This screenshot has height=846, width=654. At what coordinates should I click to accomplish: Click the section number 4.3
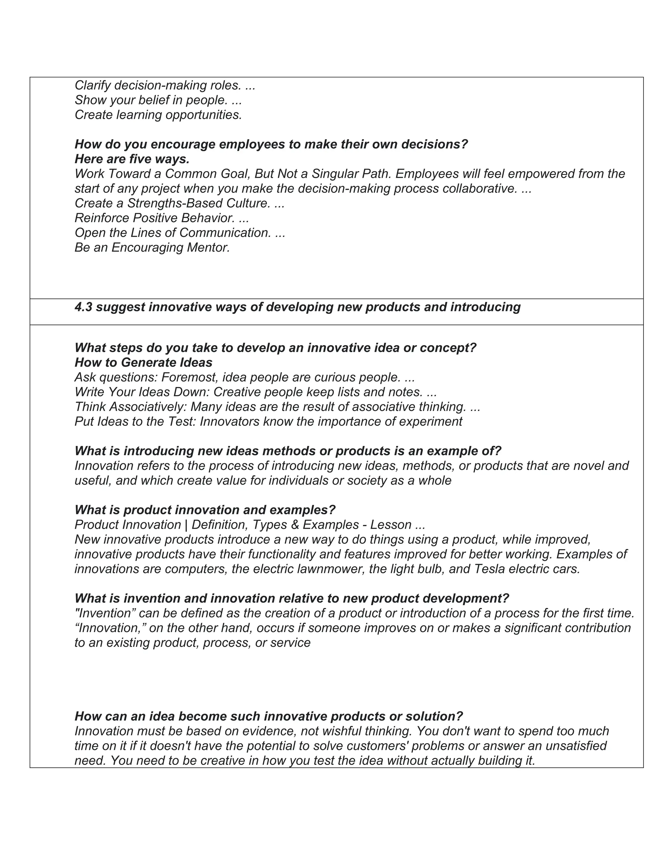click(83, 307)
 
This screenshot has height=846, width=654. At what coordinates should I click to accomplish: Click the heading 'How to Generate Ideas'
click(143, 363)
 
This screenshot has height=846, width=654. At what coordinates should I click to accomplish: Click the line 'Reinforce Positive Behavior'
click(162, 218)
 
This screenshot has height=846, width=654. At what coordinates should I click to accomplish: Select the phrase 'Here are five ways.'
click(132, 159)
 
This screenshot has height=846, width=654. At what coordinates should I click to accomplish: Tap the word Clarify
click(93, 85)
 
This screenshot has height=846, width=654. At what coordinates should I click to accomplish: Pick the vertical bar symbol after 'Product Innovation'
click(186, 525)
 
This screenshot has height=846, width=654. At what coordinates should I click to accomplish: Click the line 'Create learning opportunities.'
click(158, 115)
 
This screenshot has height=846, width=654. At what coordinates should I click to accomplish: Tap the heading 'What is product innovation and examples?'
click(205, 510)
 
